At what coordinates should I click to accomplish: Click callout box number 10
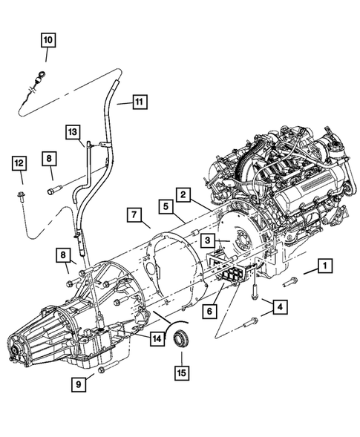point(48,39)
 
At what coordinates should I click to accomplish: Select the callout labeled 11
point(141,102)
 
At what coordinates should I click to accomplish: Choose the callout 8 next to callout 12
point(48,158)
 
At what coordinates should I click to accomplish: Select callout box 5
point(165,206)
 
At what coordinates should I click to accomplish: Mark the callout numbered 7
point(134,216)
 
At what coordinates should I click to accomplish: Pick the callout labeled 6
point(211,311)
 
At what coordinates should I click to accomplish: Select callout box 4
point(280,305)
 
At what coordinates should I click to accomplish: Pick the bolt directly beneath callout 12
point(21,198)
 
